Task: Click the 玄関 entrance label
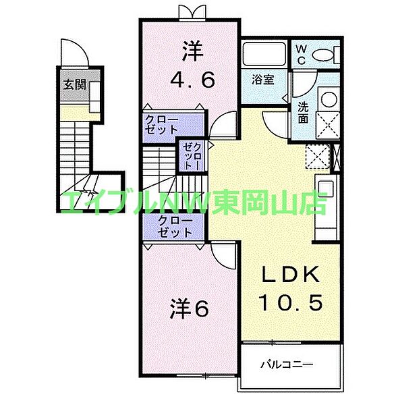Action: (x=75, y=84)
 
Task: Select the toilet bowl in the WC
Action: (x=322, y=55)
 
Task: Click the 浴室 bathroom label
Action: (x=263, y=79)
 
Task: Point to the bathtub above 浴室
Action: (x=264, y=55)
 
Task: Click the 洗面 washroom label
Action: (x=303, y=113)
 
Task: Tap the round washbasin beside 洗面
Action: (x=329, y=99)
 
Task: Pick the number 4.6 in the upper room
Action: (x=192, y=80)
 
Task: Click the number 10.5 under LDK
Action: (x=291, y=302)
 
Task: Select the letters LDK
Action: (x=291, y=275)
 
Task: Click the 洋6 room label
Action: (x=189, y=309)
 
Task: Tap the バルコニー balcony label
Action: (x=287, y=364)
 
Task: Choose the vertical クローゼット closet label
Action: (x=192, y=157)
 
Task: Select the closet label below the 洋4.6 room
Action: (x=162, y=125)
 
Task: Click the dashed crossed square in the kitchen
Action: (x=318, y=157)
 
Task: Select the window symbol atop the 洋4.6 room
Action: (x=192, y=13)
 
